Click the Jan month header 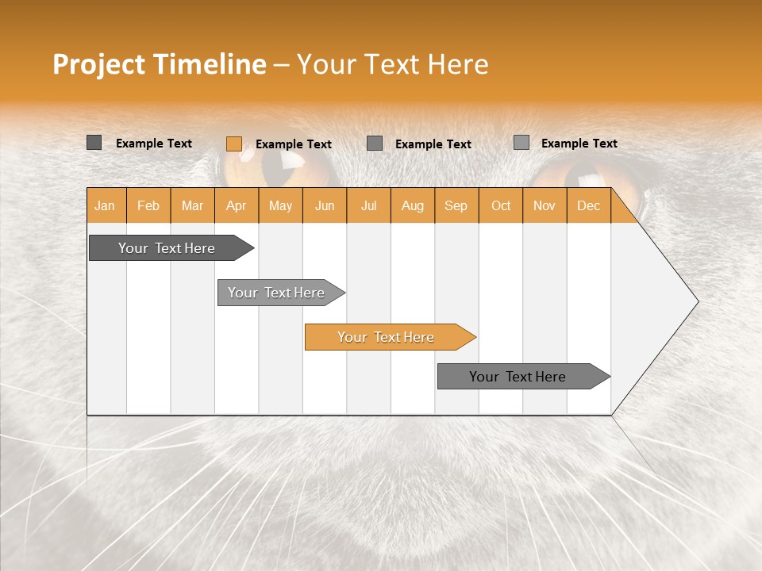(x=105, y=205)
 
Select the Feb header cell (x=148, y=205)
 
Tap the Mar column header (x=192, y=205)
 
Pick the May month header (x=280, y=205)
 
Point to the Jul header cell (x=368, y=205)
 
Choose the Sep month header (x=456, y=205)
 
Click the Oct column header (x=501, y=205)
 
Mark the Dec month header (x=588, y=205)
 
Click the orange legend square (x=234, y=144)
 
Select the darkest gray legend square (x=94, y=143)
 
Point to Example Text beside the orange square (x=293, y=144)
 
